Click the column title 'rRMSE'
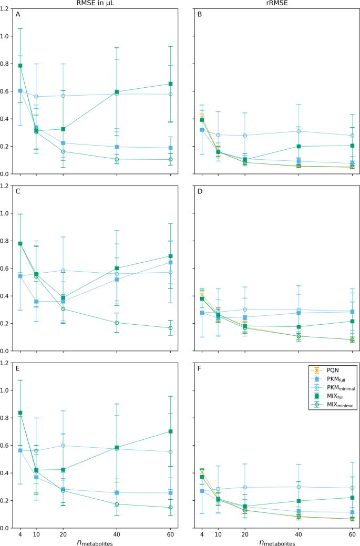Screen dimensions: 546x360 [x=273, y=5]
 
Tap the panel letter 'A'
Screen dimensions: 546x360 [x=18, y=14]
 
